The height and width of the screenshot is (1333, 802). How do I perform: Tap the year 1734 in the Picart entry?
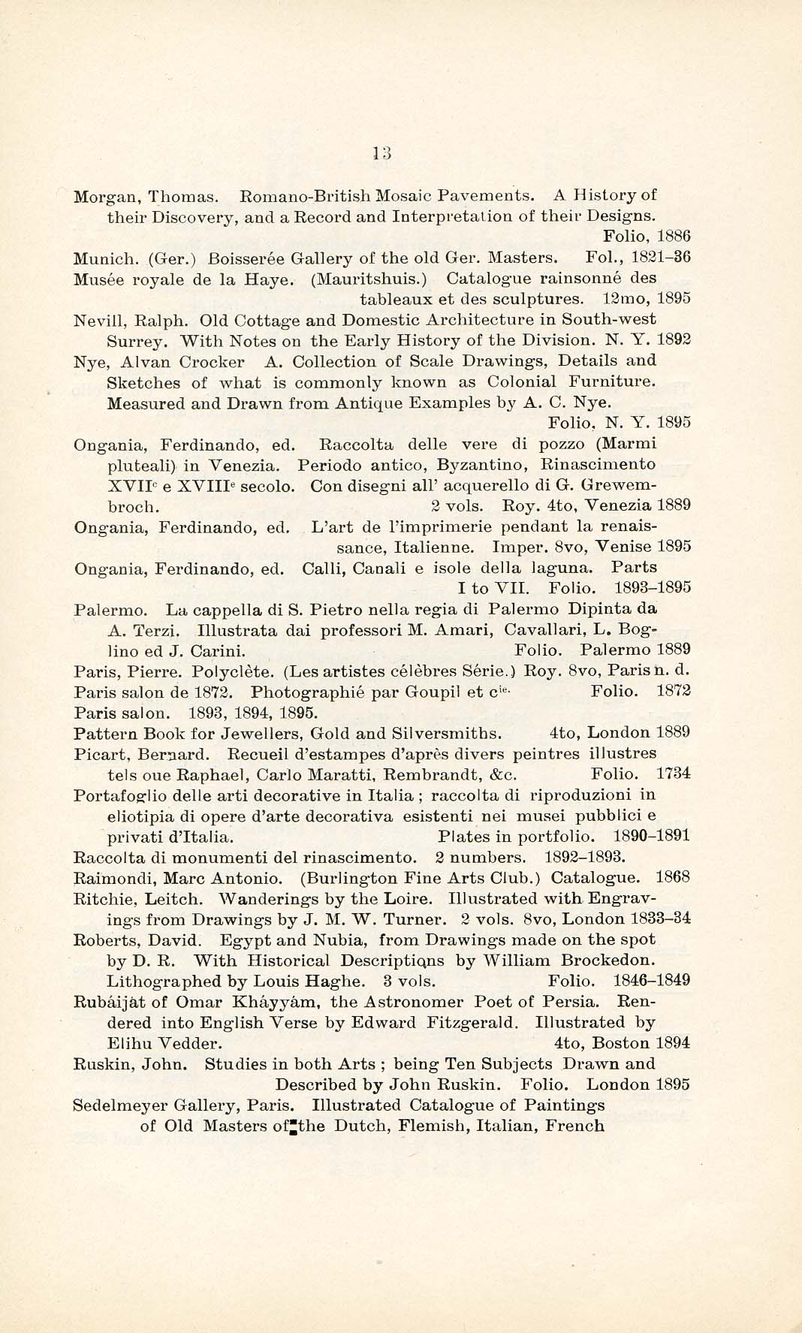[674, 774]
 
